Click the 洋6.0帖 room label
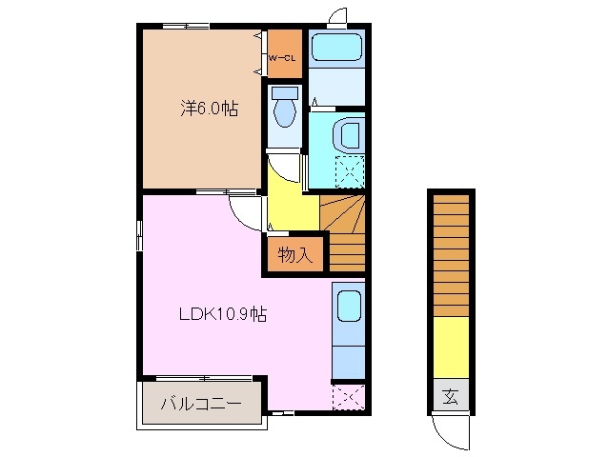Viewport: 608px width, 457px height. (x=210, y=108)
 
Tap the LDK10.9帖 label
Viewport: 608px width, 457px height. (x=223, y=313)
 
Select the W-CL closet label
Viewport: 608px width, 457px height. (x=283, y=58)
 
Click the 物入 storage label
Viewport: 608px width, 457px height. (x=294, y=255)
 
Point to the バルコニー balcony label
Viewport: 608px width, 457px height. (x=201, y=404)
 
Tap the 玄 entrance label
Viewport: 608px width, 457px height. (x=451, y=396)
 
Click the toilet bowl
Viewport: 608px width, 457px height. (x=285, y=112)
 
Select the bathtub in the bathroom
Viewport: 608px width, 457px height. (x=337, y=47)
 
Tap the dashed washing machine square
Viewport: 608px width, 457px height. (x=350, y=172)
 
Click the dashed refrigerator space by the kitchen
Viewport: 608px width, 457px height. (x=349, y=397)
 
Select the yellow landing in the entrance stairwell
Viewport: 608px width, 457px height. (x=451, y=347)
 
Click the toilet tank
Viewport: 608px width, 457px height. (x=285, y=92)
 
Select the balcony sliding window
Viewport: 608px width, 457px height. (x=204, y=378)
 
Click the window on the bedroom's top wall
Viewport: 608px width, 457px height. (x=186, y=27)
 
